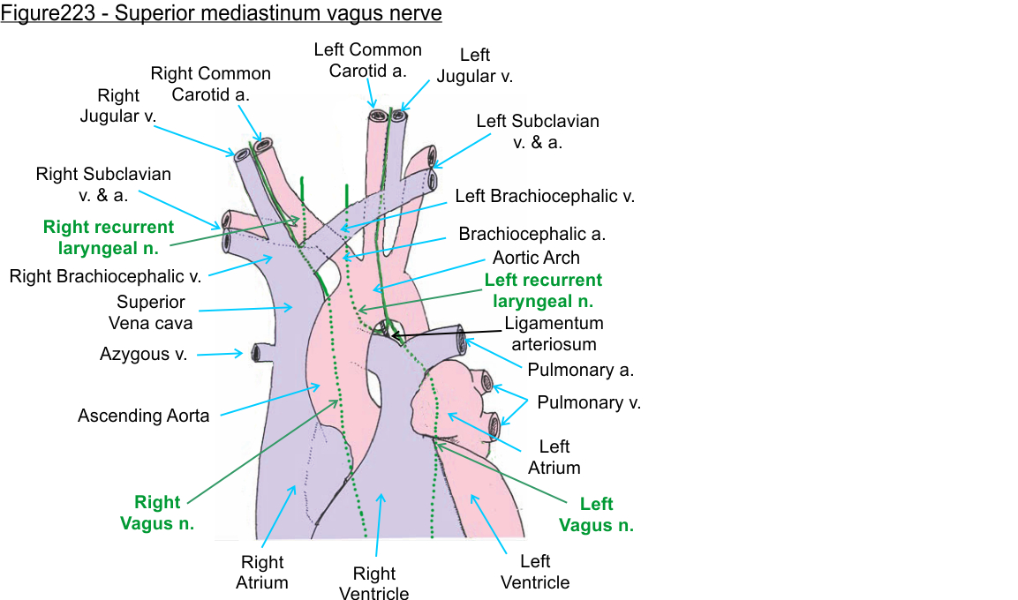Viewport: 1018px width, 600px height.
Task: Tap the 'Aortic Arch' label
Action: click(536, 258)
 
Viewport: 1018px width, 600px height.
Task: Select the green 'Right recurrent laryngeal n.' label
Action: click(109, 237)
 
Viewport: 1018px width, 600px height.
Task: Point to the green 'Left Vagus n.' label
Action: click(596, 514)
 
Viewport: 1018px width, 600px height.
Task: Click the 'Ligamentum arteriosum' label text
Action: click(554, 334)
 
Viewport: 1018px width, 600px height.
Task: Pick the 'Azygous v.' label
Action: click(143, 355)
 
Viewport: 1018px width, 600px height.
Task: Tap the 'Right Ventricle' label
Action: click(374, 583)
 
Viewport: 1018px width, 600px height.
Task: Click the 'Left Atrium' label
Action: click(554, 457)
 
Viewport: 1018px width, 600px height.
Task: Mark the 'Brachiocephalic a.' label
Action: click(532, 235)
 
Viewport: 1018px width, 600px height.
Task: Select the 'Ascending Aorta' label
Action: click(144, 415)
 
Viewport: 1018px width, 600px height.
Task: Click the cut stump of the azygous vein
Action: click(257, 353)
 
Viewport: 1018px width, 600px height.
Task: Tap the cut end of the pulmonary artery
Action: click(462, 339)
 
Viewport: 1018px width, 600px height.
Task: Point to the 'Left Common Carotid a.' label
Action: click(368, 60)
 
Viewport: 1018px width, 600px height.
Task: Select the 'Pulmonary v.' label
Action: click(589, 402)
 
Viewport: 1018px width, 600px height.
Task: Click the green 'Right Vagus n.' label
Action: click(157, 513)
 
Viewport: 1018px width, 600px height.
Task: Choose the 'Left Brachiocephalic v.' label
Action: click(545, 196)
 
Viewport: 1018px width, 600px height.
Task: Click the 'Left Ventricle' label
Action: click(535, 572)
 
